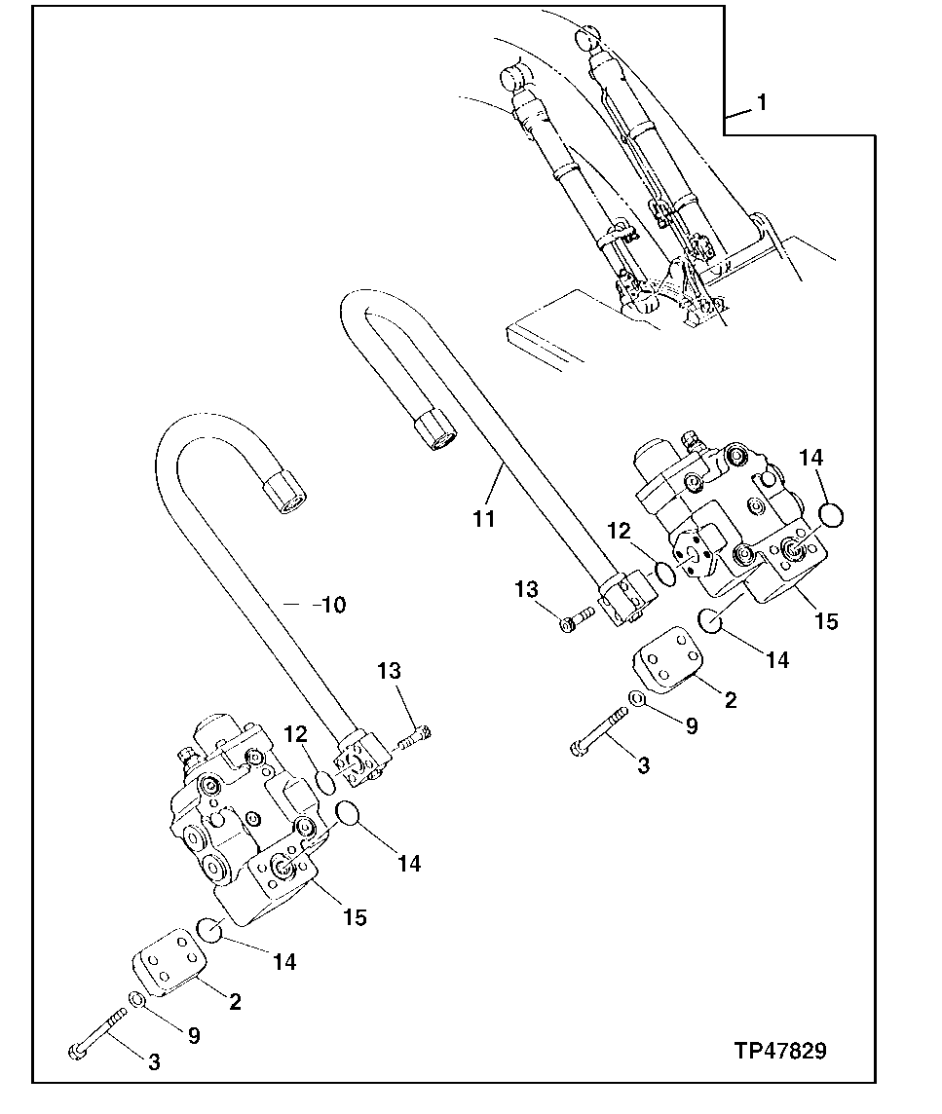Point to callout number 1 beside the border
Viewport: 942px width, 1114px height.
(762, 102)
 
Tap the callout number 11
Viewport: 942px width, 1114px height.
(484, 518)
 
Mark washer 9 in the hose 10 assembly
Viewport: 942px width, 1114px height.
(138, 1001)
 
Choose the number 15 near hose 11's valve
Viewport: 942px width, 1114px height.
(826, 620)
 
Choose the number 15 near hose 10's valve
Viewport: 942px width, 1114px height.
(356, 916)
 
